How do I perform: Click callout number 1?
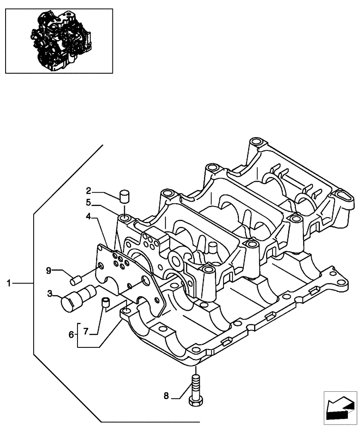click(x=9, y=283)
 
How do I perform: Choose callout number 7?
click(x=85, y=331)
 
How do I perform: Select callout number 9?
click(x=50, y=270)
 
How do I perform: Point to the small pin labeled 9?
click(x=76, y=281)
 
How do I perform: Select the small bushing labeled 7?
click(x=105, y=302)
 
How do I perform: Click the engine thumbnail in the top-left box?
click(x=59, y=41)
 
